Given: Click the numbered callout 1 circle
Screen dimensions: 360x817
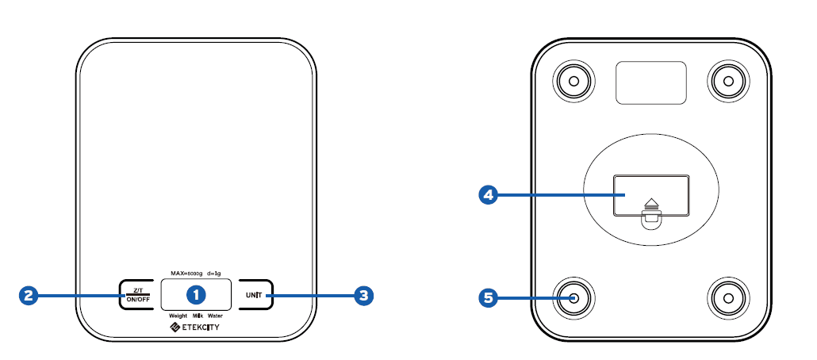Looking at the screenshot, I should [x=196, y=295].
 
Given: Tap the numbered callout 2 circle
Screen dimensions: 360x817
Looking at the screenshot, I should [x=29, y=296].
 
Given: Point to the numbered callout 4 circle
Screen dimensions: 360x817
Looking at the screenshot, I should [x=489, y=194].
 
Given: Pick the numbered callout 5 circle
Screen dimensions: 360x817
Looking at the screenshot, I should [x=489, y=298].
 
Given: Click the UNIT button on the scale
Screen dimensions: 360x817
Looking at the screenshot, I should [x=255, y=296].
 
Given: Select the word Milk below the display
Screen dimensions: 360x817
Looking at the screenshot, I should [x=198, y=316].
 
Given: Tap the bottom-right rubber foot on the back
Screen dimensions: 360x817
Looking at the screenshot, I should [x=727, y=298].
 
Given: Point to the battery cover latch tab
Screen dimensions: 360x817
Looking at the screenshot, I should [x=651, y=220].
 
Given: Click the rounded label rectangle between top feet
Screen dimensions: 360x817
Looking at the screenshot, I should [x=650, y=82].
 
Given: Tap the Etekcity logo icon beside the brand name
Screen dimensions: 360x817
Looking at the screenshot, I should [x=175, y=327].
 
